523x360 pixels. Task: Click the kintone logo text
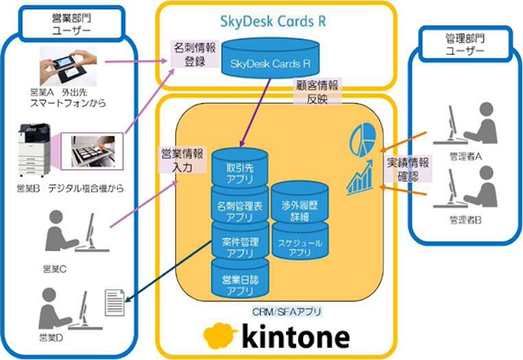[x=296, y=337]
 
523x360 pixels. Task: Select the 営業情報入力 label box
[x=173, y=159]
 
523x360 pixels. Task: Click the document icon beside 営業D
[x=115, y=300]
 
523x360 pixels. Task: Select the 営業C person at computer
[x=68, y=232]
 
